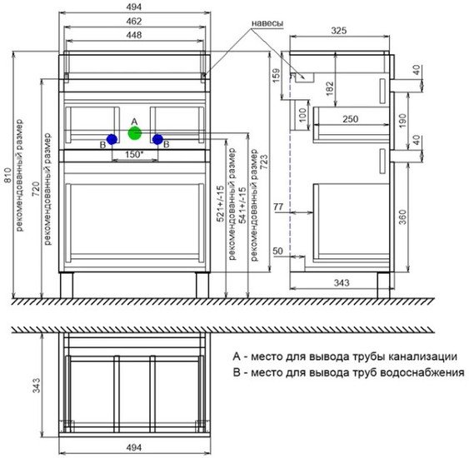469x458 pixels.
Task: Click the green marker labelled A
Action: tap(135, 133)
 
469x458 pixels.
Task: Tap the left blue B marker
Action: tap(112, 139)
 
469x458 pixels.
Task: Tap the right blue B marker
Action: tap(157, 139)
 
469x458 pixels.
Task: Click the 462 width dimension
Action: tap(133, 22)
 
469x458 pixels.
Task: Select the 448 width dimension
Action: tap(133, 35)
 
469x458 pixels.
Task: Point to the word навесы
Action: tap(267, 23)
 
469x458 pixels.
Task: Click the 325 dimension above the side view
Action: tap(339, 31)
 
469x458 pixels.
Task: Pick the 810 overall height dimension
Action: tap(7, 175)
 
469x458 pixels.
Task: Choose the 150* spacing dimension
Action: tap(134, 155)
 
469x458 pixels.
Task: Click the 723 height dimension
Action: tap(264, 162)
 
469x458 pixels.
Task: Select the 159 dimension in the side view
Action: tap(277, 76)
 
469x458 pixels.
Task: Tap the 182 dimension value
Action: tap(330, 88)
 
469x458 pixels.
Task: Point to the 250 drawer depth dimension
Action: tap(350, 119)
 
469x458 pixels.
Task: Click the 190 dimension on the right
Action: tap(403, 121)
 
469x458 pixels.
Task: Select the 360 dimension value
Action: tap(403, 217)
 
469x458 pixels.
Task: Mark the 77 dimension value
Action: tap(278, 207)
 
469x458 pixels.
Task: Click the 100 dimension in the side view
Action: tap(303, 115)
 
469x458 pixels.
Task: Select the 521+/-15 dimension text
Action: tap(221, 203)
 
